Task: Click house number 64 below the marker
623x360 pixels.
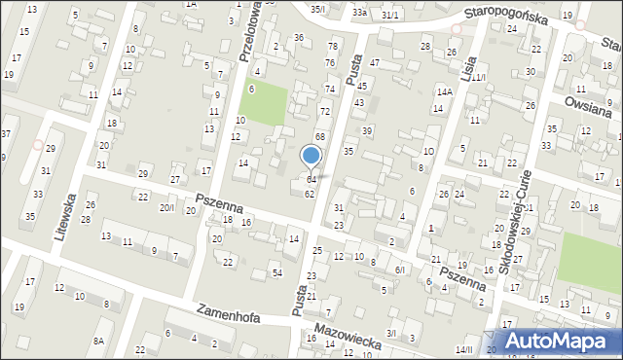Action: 311,180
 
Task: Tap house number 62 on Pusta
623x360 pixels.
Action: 309,195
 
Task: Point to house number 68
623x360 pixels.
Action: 319,136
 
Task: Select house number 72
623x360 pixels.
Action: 325,112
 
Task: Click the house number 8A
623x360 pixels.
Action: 98,341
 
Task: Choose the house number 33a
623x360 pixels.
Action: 359,13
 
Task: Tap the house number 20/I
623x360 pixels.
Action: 167,207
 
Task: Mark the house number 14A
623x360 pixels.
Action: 445,92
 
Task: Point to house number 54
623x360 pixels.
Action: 277,271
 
